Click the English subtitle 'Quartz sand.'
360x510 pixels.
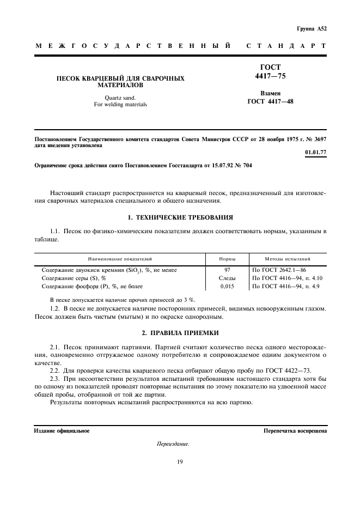[x=120, y=98]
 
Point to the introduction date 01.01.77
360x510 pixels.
[x=316, y=152]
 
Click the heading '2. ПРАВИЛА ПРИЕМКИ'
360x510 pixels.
[x=180, y=332]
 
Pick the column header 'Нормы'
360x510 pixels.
[x=227, y=259]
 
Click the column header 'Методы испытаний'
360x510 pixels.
[x=288, y=259]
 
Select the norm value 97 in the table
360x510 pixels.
[x=227, y=270]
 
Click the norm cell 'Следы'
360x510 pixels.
[x=227, y=278]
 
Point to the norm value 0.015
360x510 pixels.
[x=227, y=286]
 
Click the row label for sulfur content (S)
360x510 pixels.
[x=74, y=278]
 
